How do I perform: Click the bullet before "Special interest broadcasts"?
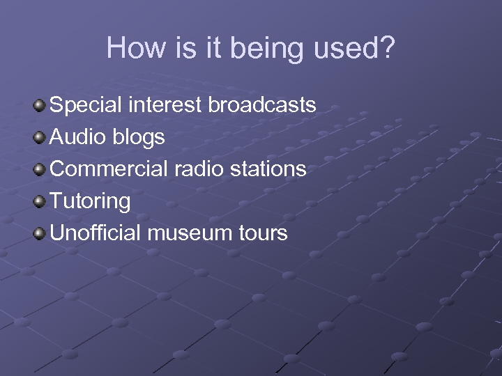(x=40, y=106)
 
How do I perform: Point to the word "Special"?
(x=86, y=106)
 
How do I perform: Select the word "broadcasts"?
(x=262, y=105)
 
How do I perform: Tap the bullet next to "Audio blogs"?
(x=40, y=138)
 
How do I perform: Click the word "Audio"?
(x=78, y=137)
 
